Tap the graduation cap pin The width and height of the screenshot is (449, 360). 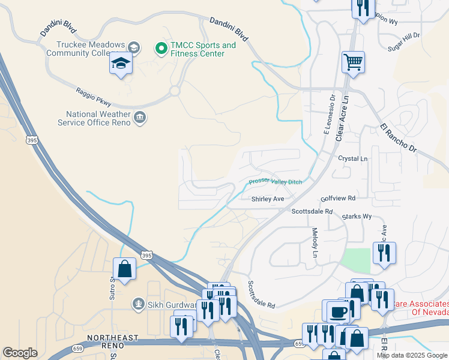pos(121,63)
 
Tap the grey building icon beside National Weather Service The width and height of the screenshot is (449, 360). pos(140,116)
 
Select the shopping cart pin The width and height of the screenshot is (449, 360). pos(354,62)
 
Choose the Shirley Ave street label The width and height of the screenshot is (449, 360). pos(267,199)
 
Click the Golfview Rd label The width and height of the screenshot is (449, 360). pos(338,197)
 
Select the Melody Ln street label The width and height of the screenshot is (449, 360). pos(314,242)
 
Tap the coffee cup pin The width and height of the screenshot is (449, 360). pos(337,312)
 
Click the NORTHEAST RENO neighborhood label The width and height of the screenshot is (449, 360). pos(113,338)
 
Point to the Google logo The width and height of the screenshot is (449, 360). pos(20,353)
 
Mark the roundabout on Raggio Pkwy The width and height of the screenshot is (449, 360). pos(175,91)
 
